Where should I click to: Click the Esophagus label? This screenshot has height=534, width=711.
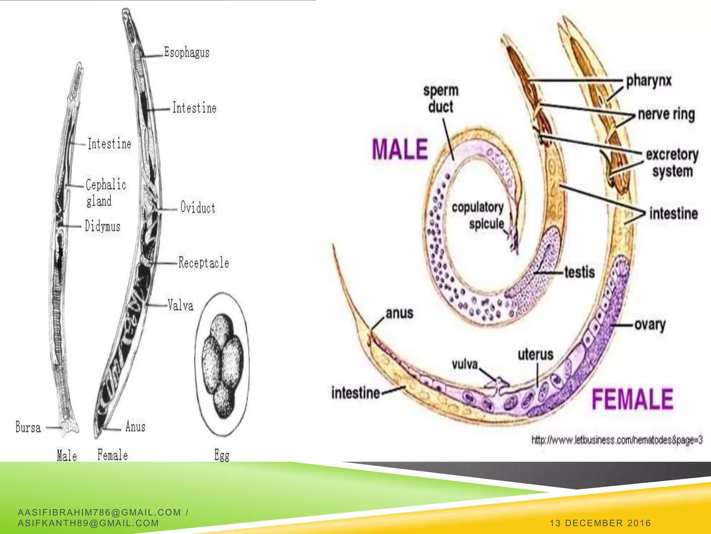187,53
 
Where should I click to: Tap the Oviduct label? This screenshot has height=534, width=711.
198,208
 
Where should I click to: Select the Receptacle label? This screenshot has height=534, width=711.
204,262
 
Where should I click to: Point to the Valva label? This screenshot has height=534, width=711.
181,305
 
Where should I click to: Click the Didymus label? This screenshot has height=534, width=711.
103,226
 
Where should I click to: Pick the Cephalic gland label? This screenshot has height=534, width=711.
106,192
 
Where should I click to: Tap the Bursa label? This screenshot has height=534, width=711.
28,427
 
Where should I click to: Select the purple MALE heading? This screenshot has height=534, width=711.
400,149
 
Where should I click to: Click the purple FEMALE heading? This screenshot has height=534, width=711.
633,399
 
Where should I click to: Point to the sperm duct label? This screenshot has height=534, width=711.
441,99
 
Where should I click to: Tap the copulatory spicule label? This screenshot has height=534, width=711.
478,216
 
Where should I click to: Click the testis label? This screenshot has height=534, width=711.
580,272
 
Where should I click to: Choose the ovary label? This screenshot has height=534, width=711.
650,325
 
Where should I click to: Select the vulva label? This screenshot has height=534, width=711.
465,364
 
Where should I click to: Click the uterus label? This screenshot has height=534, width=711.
535,355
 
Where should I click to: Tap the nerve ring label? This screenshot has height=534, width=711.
667,114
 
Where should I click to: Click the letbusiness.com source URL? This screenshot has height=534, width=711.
617,440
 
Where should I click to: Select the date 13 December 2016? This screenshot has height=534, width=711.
600,523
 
